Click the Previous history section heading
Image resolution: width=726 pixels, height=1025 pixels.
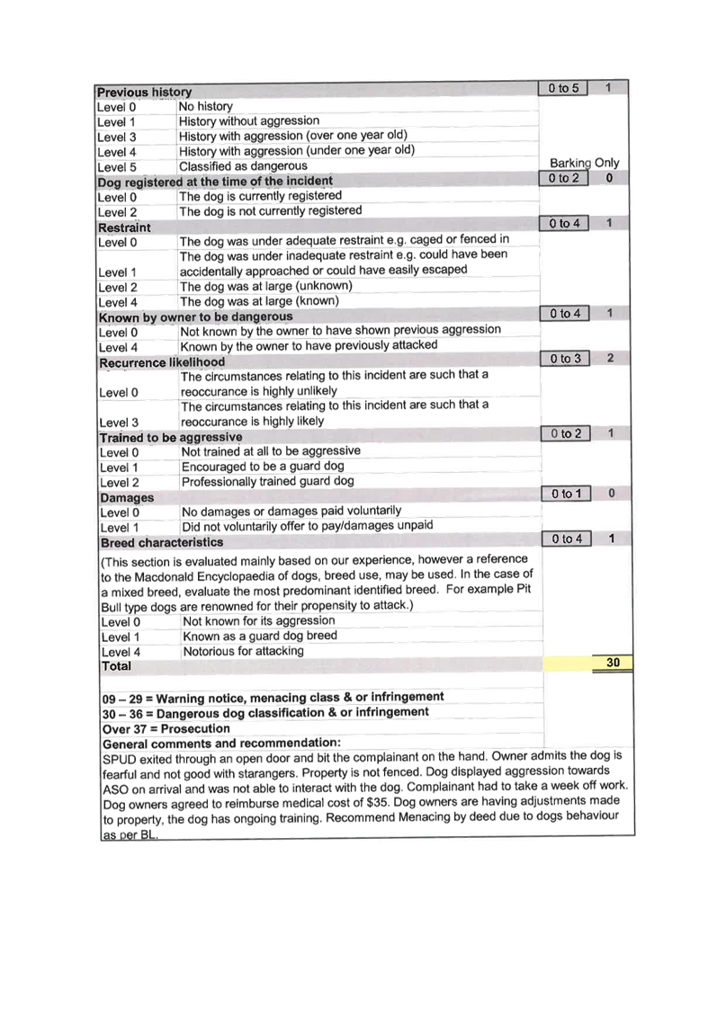click(144, 93)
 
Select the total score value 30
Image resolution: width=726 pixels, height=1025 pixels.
click(612, 662)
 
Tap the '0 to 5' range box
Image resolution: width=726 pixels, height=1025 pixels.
click(563, 88)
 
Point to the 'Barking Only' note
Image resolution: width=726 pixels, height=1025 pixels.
click(584, 163)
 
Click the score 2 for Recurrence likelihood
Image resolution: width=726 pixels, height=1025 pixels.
click(610, 358)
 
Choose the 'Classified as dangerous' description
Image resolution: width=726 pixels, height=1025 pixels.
click(243, 166)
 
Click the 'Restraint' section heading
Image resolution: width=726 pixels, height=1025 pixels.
click(124, 227)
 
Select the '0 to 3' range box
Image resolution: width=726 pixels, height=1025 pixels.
click(565, 359)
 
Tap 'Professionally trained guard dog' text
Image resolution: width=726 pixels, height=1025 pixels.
click(267, 481)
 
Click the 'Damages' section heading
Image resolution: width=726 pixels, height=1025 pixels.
click(127, 497)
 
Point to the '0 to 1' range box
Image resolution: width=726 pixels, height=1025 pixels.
click(567, 494)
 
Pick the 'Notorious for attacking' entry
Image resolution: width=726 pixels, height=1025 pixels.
click(243, 651)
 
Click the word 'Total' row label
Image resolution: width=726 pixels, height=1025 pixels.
click(116, 666)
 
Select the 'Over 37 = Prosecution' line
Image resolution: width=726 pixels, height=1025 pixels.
click(166, 728)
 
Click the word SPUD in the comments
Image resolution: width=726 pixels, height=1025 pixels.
click(119, 760)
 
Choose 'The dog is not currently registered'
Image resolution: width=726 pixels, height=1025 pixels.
click(270, 211)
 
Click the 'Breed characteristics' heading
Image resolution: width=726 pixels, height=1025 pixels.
click(162, 542)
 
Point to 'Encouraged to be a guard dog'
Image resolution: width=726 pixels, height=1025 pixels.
click(263, 466)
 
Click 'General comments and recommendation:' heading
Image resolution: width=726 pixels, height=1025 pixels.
click(221, 744)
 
